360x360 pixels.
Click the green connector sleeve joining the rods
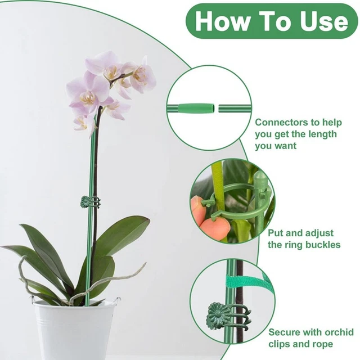point(196,108)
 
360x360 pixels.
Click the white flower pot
point(74,330)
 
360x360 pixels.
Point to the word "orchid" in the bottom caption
point(339,332)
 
